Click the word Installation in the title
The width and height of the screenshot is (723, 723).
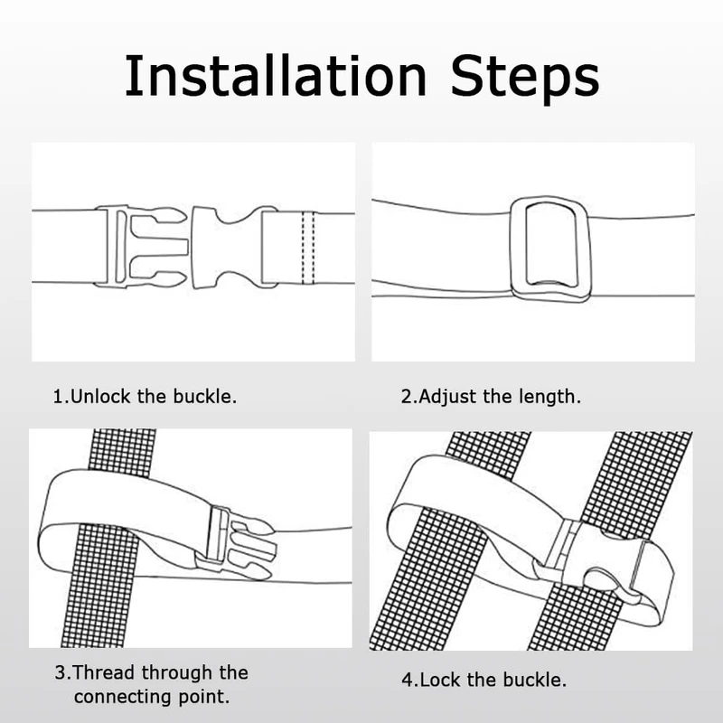pyautogui.click(x=276, y=76)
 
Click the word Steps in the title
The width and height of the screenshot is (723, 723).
pyautogui.click(x=525, y=79)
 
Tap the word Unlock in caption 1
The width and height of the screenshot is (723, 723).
pyautogui.click(x=100, y=397)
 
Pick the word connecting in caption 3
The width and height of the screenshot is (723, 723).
pyautogui.click(x=123, y=697)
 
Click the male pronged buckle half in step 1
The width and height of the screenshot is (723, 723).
pyautogui.click(x=141, y=247)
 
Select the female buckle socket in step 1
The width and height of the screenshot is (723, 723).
pyautogui.click(x=234, y=247)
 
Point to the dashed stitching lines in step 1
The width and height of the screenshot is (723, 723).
pyautogui.click(x=308, y=248)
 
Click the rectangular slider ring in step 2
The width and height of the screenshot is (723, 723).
pyautogui.click(x=549, y=249)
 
